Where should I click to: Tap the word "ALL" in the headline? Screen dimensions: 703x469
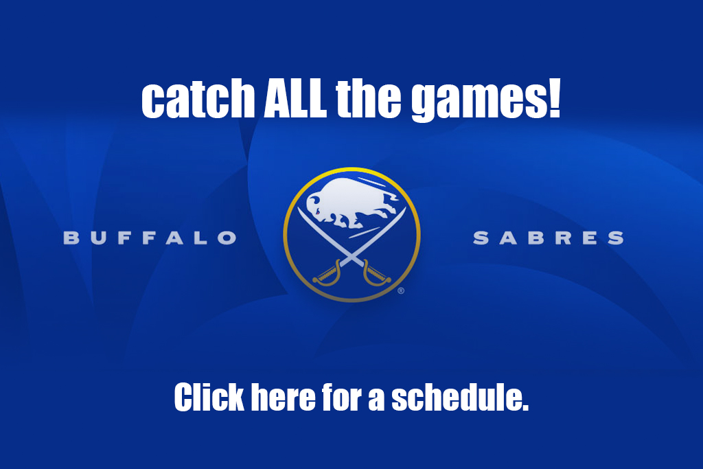295,98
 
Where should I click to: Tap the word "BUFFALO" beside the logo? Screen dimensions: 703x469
150,238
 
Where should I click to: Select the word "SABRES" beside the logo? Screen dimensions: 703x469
549,238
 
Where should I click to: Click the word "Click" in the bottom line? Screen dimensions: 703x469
209,397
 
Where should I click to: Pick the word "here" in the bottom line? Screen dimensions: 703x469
283,397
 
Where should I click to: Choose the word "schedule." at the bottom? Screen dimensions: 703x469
460,397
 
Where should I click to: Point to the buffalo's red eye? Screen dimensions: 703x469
317,213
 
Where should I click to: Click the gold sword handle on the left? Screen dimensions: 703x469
327,273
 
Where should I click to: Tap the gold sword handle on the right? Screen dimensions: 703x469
377,273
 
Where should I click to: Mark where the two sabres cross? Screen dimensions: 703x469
352,258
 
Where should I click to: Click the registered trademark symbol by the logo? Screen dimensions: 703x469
401,291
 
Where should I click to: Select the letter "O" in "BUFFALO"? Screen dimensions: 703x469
227,238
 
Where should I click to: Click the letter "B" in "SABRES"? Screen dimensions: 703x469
535,238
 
